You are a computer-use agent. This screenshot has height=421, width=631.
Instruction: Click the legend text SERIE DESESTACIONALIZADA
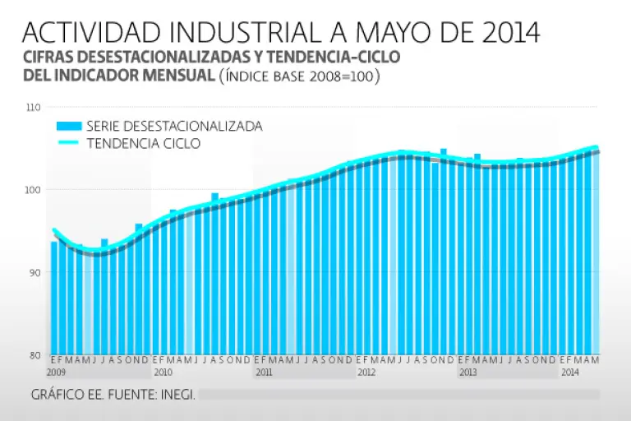[x=174, y=127]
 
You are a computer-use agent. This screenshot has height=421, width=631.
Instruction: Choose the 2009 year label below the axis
[x=56, y=372]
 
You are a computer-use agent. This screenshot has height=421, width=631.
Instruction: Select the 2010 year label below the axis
[x=163, y=372]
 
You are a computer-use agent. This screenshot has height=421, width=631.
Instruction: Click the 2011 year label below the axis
[x=264, y=372]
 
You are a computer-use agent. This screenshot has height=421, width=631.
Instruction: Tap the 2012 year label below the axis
[x=366, y=372]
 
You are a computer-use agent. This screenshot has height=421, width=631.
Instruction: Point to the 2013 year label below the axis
[x=467, y=372]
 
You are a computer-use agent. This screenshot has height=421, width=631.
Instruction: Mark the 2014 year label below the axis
[x=569, y=372]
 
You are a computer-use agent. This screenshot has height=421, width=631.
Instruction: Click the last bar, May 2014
[x=596, y=251]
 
